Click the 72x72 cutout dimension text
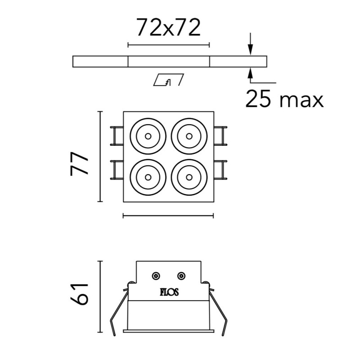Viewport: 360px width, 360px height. (x=168, y=27)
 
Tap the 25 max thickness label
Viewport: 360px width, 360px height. (x=284, y=99)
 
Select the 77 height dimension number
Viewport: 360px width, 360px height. (x=80, y=163)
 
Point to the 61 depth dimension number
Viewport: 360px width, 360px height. (x=80, y=294)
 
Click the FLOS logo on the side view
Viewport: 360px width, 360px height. (x=169, y=292)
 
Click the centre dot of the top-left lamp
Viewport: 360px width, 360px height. (x=148, y=136)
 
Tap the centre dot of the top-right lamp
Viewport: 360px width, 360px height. (x=189, y=136)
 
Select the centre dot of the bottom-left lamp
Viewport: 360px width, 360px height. (x=148, y=177)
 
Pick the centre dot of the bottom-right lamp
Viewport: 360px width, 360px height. (x=189, y=177)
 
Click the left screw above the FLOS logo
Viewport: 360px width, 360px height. (x=156, y=275)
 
